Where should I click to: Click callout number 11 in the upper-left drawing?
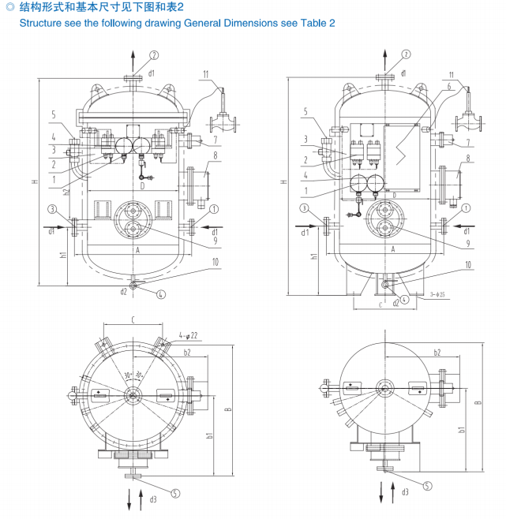(x=205, y=74)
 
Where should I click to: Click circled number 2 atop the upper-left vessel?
(x=154, y=54)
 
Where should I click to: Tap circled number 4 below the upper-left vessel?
(x=161, y=294)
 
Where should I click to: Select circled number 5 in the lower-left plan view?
(x=175, y=492)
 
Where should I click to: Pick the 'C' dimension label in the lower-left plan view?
(x=133, y=321)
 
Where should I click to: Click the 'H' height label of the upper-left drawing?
(x=35, y=182)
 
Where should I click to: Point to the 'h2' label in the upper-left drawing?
(x=67, y=189)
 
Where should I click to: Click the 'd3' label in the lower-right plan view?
(x=405, y=492)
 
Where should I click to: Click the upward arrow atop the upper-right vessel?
(x=384, y=62)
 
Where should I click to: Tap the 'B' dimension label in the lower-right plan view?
(x=478, y=401)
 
